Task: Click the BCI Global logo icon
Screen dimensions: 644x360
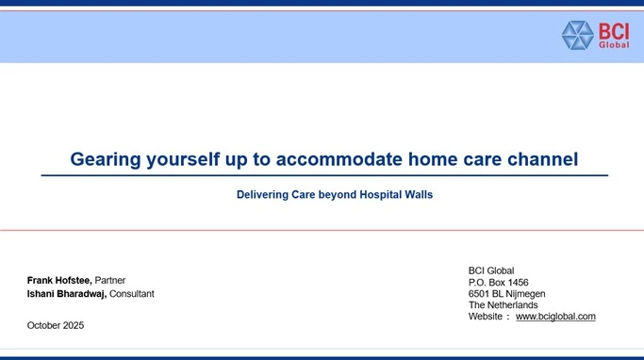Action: (x=577, y=35)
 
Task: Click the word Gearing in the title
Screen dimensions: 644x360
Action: (x=106, y=159)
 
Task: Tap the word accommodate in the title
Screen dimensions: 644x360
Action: (x=339, y=159)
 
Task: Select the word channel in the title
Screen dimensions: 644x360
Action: (x=542, y=159)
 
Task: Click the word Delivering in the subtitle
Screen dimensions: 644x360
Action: (x=262, y=194)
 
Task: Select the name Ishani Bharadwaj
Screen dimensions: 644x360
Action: (x=67, y=294)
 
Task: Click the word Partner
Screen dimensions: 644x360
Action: (x=110, y=280)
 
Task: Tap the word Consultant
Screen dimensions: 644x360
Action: (x=132, y=294)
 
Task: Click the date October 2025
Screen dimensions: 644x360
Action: (x=56, y=325)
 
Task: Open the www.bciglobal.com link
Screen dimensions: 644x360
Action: (x=555, y=317)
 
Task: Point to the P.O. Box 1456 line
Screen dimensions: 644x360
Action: (x=498, y=283)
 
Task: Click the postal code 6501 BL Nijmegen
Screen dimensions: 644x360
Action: (x=507, y=294)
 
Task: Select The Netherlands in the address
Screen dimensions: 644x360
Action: (x=504, y=305)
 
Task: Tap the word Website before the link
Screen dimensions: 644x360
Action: (x=486, y=317)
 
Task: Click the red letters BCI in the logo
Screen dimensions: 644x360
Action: (x=614, y=31)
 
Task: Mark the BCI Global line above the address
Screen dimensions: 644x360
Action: (x=491, y=270)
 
